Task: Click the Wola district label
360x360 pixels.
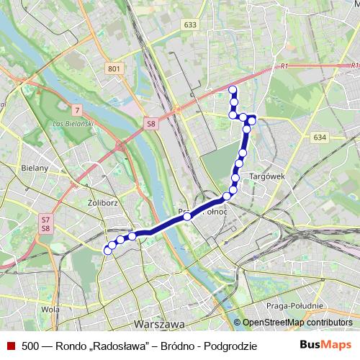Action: click(50, 310)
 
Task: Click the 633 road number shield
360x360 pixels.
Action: click(190, 24)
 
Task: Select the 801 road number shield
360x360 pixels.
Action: click(113, 68)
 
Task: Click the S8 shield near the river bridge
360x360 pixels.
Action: click(150, 124)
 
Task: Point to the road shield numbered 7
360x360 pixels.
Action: click(76, 110)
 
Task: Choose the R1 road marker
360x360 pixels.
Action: click(284, 66)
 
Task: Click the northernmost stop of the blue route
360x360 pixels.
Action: click(232, 89)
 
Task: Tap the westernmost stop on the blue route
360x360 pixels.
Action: click(108, 251)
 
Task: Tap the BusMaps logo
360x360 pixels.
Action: click(323, 346)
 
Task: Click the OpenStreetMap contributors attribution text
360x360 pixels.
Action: click(297, 323)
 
